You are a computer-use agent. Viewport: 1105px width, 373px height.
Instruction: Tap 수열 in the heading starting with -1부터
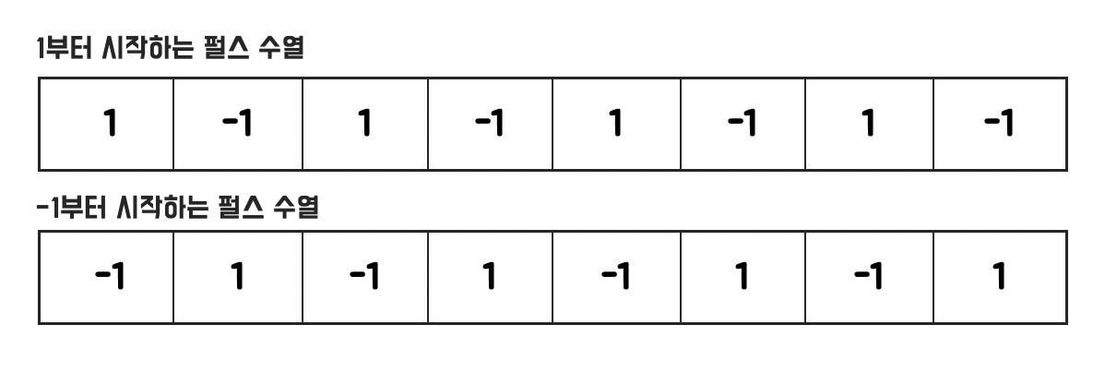pos(296,208)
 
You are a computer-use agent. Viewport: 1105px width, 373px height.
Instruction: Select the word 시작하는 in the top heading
pos(148,49)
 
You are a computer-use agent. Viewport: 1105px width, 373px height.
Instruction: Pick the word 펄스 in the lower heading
pos(242,208)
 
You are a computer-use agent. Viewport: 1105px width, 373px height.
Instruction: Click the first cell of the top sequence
pos(106,124)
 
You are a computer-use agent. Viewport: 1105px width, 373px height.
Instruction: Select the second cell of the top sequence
pos(237,124)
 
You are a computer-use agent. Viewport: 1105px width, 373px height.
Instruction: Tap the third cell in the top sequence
pos(365,124)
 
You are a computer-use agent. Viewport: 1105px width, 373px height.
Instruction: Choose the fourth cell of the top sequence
pos(490,124)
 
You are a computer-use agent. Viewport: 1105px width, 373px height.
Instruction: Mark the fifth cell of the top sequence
pos(617,124)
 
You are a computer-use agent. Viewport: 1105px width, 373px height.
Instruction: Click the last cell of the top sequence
pos(1000,124)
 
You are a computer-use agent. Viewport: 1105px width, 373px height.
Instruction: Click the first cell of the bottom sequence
pos(106,277)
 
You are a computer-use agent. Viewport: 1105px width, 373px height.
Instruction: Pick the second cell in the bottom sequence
pos(237,277)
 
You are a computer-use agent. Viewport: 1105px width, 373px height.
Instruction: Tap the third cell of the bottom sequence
pos(365,277)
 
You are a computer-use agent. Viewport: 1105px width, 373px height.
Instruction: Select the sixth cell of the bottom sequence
pos(743,277)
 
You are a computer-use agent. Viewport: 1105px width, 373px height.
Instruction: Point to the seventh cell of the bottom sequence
pos(869,277)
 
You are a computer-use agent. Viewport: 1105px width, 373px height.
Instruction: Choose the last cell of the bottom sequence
pos(1000,277)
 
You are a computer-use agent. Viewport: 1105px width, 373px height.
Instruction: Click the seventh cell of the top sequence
pos(869,124)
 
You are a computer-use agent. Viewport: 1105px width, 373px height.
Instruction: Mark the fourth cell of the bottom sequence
pos(490,277)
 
